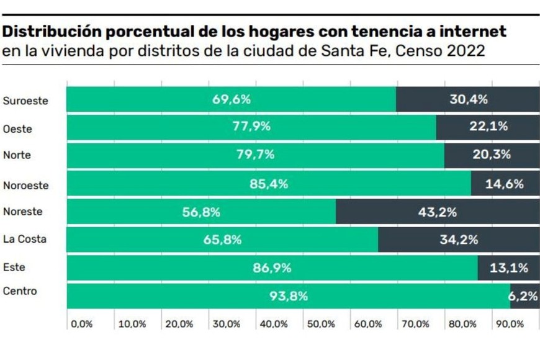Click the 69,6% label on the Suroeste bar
[x=232, y=99]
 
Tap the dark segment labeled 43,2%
[x=437, y=212]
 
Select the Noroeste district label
[x=25, y=185]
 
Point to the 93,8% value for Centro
[x=289, y=296]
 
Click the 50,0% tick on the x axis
[x=318, y=324]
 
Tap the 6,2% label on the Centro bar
[x=524, y=297]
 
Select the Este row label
[x=14, y=268]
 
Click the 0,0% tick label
[x=81, y=324]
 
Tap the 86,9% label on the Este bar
[x=272, y=268]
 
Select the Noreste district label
[x=23, y=212]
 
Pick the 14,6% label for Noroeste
[x=505, y=184]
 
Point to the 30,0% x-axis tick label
[x=223, y=324]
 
